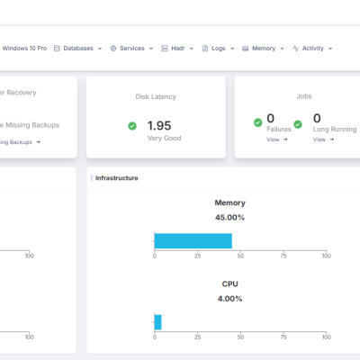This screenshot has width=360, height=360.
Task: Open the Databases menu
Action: tap(77, 48)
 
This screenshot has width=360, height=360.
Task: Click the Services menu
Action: tap(131, 48)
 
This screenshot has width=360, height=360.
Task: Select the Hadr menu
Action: tap(177, 48)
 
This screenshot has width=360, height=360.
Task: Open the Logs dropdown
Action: tap(217, 48)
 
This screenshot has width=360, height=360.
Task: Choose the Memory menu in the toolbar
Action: tap(263, 48)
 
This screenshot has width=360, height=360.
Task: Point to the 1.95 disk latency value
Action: tap(159, 125)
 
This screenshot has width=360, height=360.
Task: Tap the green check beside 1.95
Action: tap(132, 126)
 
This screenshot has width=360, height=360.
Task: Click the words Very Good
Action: tap(164, 138)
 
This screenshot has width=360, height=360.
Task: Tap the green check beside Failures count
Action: tap(257, 121)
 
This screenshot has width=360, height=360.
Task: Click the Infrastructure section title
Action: tap(117, 178)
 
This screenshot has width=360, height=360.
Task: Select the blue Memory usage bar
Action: tap(193, 240)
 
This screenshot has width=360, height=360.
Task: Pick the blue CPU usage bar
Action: tap(157, 321)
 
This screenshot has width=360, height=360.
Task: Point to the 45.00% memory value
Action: tap(229, 217)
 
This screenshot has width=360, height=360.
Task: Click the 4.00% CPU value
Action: tap(229, 298)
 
